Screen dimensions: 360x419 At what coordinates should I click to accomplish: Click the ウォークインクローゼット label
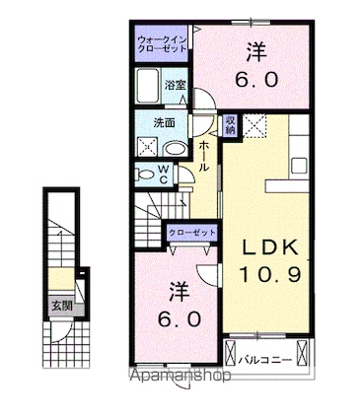pyautogui.click(x=163, y=44)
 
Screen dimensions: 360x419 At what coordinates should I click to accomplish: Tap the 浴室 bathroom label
pyautogui.click(x=176, y=85)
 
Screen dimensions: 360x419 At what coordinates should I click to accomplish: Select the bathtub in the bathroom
pyautogui.click(x=148, y=85)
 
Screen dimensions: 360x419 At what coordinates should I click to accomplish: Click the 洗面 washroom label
pyautogui.click(x=165, y=122)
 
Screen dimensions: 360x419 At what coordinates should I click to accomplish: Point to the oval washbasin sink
pyautogui.click(x=176, y=149)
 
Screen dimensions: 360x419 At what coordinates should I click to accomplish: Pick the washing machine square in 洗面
pyautogui.click(x=148, y=146)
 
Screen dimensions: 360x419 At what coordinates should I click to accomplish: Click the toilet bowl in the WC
pyautogui.click(x=146, y=175)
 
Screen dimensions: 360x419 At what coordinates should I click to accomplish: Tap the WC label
pyautogui.click(x=164, y=175)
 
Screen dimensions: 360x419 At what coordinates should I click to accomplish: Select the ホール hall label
pyautogui.click(x=204, y=156)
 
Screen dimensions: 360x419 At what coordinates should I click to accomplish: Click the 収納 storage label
pyautogui.click(x=231, y=125)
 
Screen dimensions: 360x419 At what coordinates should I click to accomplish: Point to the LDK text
pyautogui.click(x=270, y=247)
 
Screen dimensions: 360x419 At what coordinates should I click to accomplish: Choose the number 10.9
pyautogui.click(x=270, y=275)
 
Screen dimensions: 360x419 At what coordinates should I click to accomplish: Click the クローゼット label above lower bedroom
pyautogui.click(x=192, y=233)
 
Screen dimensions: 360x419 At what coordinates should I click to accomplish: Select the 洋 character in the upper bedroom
pyautogui.click(x=256, y=52)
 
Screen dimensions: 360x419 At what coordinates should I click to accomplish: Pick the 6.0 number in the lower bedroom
pyautogui.click(x=180, y=318)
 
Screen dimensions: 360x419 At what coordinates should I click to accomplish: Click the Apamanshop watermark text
pyautogui.click(x=180, y=376)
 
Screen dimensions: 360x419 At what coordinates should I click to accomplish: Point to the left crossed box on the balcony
pyautogui.click(x=231, y=353)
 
